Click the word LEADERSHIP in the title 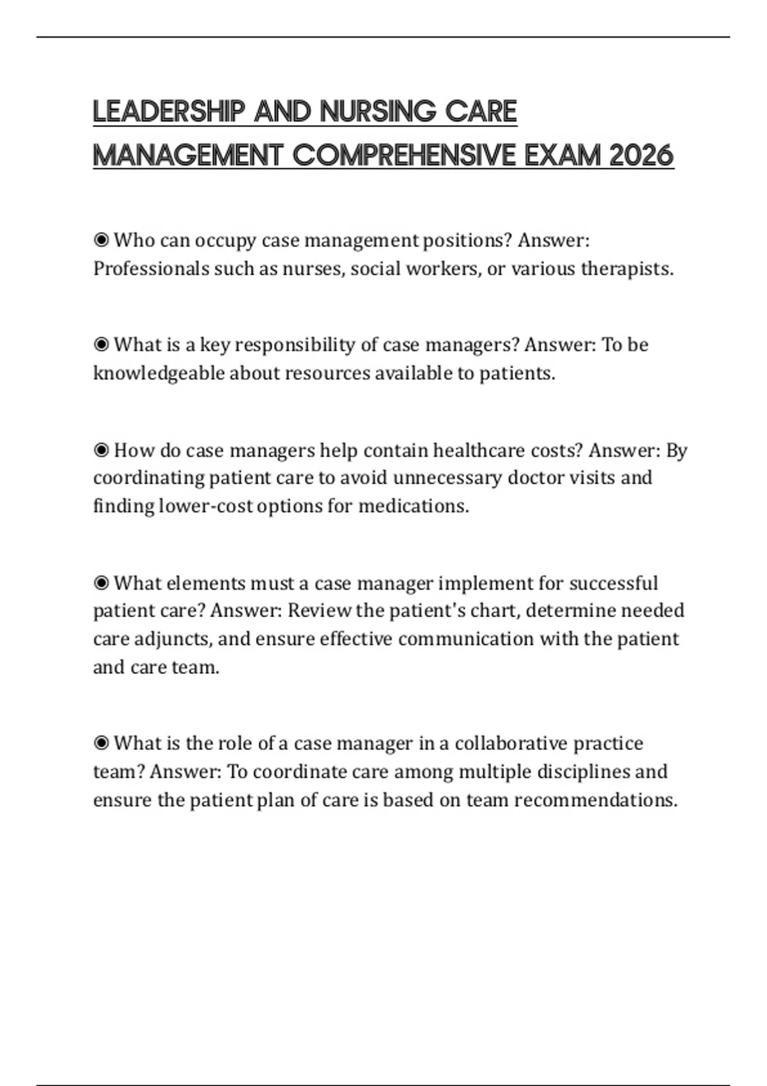click(x=169, y=112)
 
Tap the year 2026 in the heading click(x=641, y=155)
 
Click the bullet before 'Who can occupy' click(x=101, y=241)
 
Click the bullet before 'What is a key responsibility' click(x=101, y=345)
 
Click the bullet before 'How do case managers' click(x=101, y=451)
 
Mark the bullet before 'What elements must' click(x=101, y=584)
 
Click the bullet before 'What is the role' click(x=101, y=744)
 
